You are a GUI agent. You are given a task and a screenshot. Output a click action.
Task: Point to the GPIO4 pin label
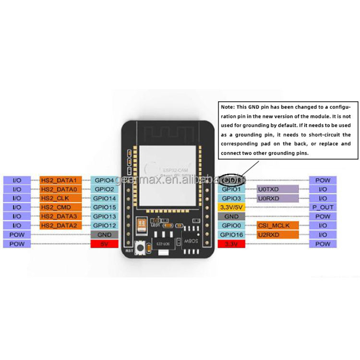(x=104, y=180)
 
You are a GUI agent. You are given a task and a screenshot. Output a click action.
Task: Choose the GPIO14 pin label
(x=104, y=198)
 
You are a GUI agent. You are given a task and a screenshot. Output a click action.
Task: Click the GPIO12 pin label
(x=104, y=226)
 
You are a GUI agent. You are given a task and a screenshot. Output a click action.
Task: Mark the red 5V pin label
(x=104, y=244)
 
